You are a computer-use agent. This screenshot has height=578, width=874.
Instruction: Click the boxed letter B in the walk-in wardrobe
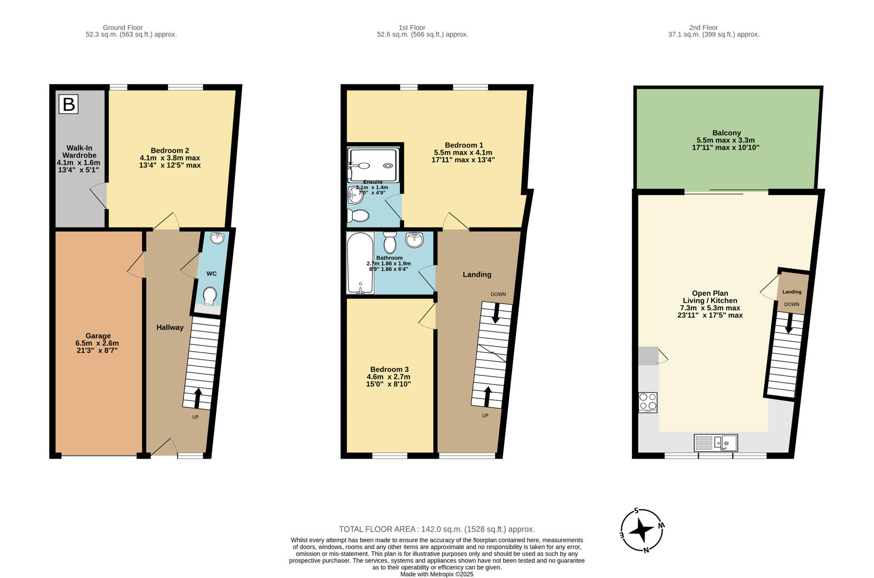[69, 104]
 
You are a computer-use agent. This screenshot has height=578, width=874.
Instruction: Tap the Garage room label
[97, 336]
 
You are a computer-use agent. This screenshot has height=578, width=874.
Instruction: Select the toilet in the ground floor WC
[210, 296]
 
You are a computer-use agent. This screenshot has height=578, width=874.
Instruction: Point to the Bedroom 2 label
[170, 150]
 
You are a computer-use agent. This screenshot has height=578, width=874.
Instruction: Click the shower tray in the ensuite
[374, 159]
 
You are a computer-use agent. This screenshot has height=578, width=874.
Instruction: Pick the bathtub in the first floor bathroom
[360, 263]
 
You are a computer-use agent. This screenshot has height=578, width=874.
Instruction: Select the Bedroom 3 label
[389, 369]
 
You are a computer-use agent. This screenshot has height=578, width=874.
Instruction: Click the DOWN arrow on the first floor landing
[496, 313]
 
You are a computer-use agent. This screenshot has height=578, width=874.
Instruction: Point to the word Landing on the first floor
[477, 275]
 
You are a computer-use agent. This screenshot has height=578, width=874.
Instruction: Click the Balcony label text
[726, 133]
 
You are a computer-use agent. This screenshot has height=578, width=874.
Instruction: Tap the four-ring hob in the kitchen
[648, 402]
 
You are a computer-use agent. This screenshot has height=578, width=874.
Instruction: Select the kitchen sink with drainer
[716, 443]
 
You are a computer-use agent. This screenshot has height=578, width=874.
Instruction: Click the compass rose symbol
[642, 530]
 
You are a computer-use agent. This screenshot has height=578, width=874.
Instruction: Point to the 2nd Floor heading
[703, 27]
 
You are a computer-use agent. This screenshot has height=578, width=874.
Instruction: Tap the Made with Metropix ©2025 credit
[437, 574]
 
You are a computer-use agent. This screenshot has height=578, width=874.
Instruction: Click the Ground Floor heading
[123, 27]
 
